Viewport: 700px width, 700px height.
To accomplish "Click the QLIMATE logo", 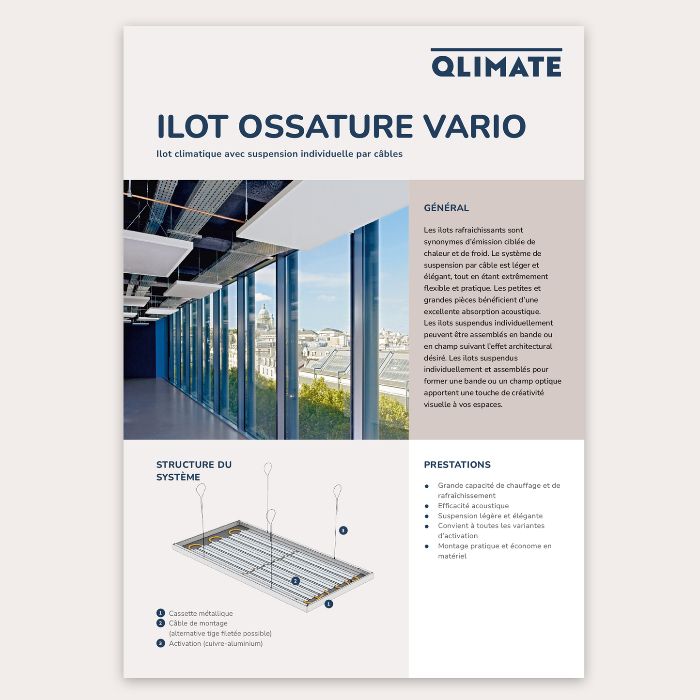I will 497,63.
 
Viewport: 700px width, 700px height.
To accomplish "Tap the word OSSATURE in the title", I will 325,126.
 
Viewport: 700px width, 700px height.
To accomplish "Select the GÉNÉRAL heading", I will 446,208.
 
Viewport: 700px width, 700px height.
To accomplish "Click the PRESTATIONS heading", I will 457,465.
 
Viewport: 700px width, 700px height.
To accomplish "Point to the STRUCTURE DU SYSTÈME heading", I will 194,470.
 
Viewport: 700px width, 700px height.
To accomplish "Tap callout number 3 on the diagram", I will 343,530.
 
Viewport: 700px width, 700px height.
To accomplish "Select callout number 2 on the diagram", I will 296,581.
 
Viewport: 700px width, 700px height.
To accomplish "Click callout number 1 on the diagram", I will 328,604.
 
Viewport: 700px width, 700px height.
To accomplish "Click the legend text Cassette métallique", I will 201,613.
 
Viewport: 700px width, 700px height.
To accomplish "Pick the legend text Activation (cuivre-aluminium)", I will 216,643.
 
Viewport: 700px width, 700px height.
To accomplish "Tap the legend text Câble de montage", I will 198,623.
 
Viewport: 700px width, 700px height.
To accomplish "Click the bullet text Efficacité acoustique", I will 473,506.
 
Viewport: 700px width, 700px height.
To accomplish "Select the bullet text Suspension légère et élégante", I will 490,516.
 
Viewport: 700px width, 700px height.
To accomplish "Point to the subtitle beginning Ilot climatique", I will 280,154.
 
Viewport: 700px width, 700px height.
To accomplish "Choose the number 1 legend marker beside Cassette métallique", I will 161,613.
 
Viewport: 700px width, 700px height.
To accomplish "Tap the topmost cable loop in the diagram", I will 267,469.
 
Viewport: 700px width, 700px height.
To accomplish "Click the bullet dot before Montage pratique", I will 427,546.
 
